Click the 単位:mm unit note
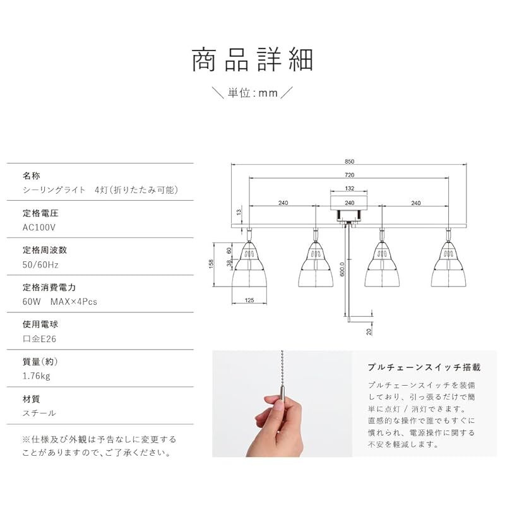pyautogui.click(x=252, y=93)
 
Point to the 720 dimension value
pyautogui.click(x=349, y=175)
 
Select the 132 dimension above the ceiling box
pyautogui.click(x=348, y=189)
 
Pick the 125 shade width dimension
pyautogui.click(x=249, y=300)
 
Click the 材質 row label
pyautogui.click(x=32, y=399)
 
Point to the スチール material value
pyautogui.click(x=39, y=413)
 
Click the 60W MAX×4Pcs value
pyautogui.click(x=60, y=301)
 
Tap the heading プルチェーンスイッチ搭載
pyautogui.click(x=424, y=367)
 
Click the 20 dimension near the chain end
pyautogui.click(x=369, y=330)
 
